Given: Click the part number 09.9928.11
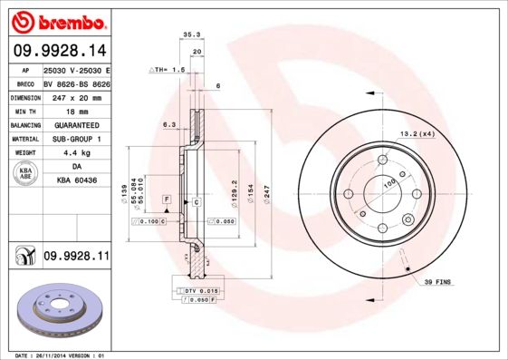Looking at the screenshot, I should [76, 258].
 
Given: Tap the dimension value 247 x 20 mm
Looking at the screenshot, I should [75, 96].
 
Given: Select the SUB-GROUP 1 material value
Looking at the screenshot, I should [75, 139].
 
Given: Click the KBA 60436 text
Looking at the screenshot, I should [75, 181].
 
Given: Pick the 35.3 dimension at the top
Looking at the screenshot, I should [191, 34].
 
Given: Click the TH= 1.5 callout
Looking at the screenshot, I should [169, 70].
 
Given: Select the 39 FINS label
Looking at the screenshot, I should [438, 283].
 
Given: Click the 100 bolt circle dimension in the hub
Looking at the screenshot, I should [389, 185].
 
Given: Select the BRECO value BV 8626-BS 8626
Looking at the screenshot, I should [75, 82].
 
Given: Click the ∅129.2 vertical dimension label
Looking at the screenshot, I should [234, 190].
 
